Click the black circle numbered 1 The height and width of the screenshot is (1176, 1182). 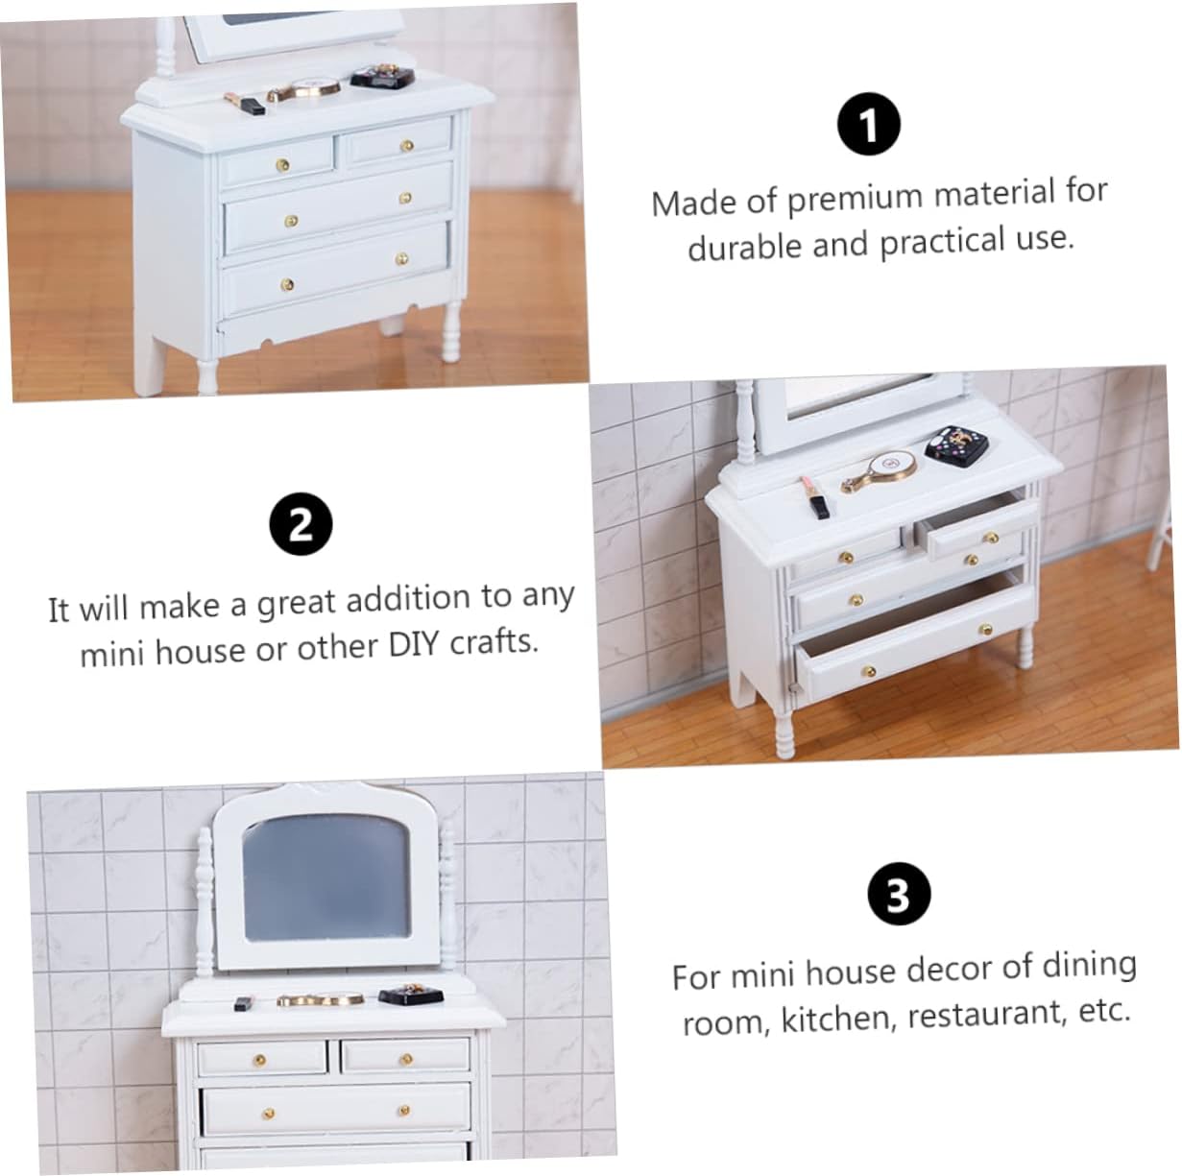869,125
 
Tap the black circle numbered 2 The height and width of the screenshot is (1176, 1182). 301,524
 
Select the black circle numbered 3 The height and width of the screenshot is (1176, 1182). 899,893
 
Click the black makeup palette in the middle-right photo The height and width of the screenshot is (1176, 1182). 956,444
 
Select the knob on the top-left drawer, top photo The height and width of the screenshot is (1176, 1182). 282,164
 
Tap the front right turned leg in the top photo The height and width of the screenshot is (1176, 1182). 451,330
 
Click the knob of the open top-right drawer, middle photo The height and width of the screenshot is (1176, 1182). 990,538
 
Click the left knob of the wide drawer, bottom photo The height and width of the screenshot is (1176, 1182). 269,1114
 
